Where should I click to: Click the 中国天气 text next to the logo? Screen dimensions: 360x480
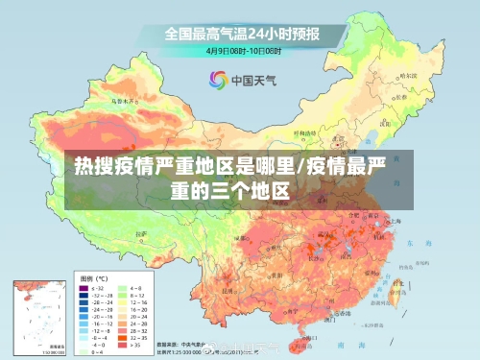click(252, 79)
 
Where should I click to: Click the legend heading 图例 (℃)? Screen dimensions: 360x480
click(95, 276)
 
